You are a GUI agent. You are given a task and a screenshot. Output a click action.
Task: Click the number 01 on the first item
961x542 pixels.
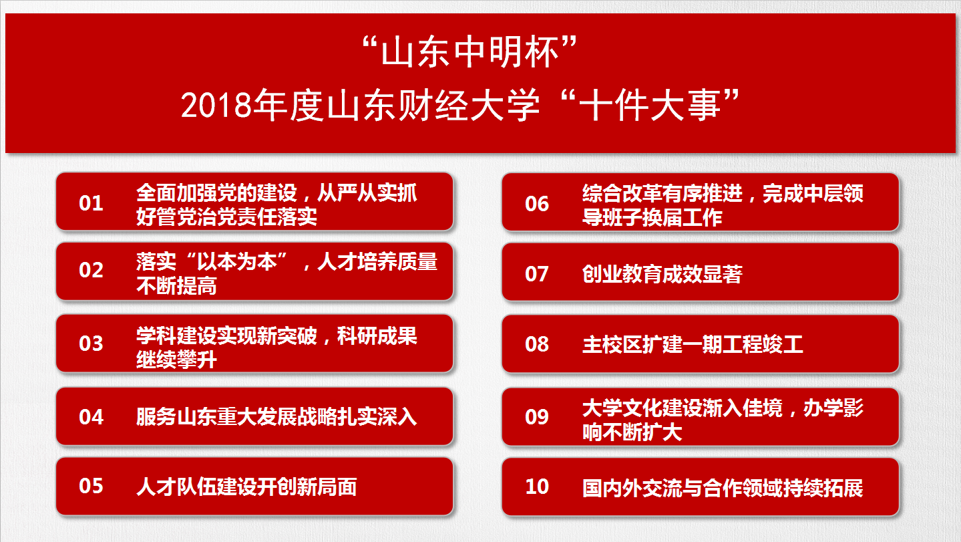91,203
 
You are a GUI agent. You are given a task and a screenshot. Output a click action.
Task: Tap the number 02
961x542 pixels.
91,270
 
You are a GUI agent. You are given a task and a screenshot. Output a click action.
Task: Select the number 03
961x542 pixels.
91,344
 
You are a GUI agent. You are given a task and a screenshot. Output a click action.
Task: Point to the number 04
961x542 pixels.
91,417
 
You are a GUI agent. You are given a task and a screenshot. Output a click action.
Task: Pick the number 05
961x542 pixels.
91,486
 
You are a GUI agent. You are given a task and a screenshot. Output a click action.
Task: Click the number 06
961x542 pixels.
537,204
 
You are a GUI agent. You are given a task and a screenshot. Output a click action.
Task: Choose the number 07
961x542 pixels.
537,274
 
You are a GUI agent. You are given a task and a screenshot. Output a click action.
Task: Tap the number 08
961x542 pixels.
537,344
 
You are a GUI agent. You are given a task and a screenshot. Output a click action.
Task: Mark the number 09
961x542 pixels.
537,417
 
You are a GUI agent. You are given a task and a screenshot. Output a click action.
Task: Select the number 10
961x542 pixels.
537,487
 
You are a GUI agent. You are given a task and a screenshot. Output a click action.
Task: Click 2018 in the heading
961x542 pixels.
216,106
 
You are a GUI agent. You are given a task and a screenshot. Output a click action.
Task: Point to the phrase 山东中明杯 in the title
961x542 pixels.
469,52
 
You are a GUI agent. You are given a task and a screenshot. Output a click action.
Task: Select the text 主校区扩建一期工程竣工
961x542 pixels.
693,344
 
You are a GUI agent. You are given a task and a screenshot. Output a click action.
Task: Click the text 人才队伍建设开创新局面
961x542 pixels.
246,487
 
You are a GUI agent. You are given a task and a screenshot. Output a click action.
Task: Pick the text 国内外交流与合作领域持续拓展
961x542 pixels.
723,488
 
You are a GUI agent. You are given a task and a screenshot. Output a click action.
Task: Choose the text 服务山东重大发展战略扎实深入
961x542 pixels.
276,417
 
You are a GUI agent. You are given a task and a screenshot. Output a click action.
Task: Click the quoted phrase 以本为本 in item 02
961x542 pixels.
236,261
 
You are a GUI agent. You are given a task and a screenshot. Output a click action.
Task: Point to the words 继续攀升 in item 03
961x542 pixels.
176,360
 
